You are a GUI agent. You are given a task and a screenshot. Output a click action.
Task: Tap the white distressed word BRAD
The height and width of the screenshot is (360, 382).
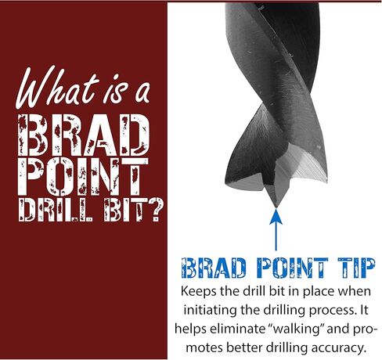[x=84, y=135]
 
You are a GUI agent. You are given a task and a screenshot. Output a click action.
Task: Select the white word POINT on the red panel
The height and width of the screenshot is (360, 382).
[x=83, y=177]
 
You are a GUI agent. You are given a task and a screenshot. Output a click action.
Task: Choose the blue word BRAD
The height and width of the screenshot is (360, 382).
[x=214, y=268]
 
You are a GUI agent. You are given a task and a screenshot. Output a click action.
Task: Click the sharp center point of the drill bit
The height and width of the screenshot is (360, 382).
[x=276, y=206]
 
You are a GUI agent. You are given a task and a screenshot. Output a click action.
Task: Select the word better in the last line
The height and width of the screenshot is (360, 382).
[x=244, y=347]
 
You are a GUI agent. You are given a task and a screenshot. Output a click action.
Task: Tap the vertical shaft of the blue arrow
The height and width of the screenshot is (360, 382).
[x=276, y=237]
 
